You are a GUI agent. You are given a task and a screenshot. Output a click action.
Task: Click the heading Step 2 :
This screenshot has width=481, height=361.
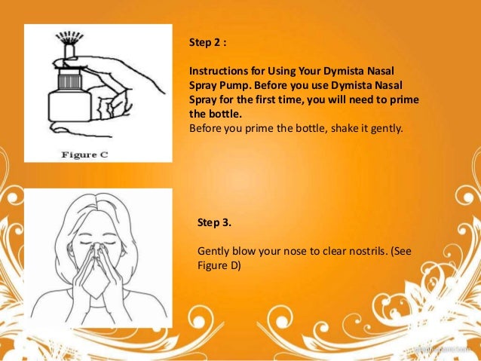(x=207, y=42)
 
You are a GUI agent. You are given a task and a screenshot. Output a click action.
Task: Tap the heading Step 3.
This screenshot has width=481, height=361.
(x=214, y=222)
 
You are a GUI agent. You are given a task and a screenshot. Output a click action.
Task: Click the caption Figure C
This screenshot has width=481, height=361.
(x=84, y=154)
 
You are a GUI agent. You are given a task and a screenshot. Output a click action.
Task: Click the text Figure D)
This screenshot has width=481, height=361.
(x=219, y=265)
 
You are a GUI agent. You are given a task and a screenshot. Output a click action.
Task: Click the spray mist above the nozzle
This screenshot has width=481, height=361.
(x=69, y=37)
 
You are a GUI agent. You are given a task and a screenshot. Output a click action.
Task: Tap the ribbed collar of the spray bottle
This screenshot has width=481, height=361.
(x=69, y=81)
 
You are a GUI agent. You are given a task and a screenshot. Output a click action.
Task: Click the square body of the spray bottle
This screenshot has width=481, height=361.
(x=69, y=106)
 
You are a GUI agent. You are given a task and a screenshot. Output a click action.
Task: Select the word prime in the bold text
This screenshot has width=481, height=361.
(x=404, y=100)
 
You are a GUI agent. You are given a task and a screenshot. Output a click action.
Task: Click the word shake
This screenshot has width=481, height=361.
(x=345, y=128)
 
